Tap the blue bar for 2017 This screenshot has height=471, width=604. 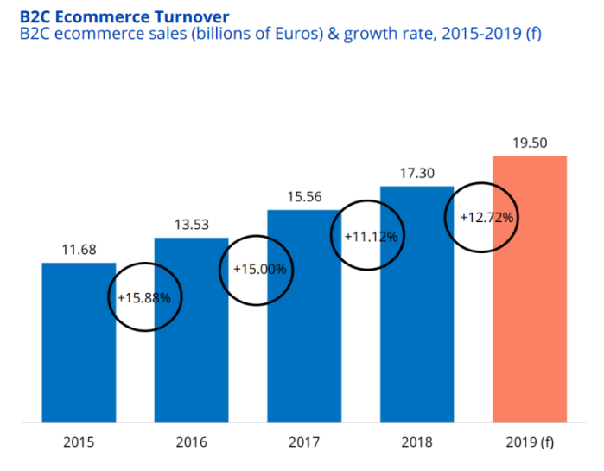click(303, 346)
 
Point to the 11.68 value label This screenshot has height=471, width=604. click(79, 251)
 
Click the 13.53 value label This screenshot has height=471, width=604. click(191, 226)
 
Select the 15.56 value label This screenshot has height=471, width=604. click(304, 198)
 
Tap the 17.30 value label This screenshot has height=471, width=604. click(416, 174)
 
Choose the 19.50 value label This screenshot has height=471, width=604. click(529, 143)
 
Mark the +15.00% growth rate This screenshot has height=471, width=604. click(258, 269)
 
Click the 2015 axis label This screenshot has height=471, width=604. click(79, 443)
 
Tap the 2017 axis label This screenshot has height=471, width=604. click(304, 443)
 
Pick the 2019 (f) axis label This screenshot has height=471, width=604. click(529, 443)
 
